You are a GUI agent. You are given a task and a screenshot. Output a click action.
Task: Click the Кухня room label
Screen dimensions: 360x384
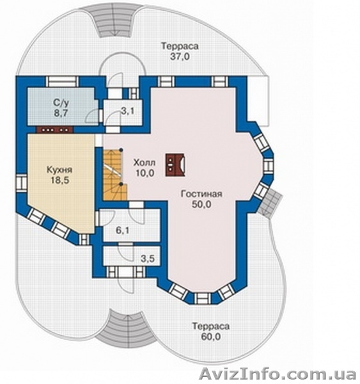pyautogui.click(x=59, y=170)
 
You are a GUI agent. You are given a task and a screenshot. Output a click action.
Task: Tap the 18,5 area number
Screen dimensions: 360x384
pyautogui.click(x=60, y=180)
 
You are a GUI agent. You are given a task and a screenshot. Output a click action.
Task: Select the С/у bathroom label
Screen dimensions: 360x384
pyautogui.click(x=61, y=103)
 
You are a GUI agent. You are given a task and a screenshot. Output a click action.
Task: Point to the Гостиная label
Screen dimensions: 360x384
pyautogui.click(x=201, y=194)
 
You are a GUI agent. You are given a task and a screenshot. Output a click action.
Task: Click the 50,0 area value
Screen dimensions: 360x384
pyautogui.click(x=201, y=205)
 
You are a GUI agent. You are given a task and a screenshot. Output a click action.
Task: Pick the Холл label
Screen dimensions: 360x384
pyautogui.click(x=145, y=163)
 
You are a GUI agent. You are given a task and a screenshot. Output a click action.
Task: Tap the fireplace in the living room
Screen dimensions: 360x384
pyautogui.click(x=175, y=165)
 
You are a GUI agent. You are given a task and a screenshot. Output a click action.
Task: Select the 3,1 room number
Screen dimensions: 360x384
pyautogui.click(x=127, y=111)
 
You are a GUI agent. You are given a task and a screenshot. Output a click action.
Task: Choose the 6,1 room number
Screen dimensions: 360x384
pyautogui.click(x=123, y=230)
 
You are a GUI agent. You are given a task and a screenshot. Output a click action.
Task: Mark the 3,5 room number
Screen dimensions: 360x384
pyautogui.click(x=148, y=259)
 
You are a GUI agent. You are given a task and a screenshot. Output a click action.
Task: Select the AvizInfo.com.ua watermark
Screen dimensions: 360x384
pyautogui.click(x=278, y=374)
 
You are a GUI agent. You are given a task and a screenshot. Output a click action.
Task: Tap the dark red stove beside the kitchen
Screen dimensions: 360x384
pyautogui.click(x=54, y=129)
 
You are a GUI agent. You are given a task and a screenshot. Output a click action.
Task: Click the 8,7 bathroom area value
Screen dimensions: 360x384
pyautogui.click(x=61, y=114)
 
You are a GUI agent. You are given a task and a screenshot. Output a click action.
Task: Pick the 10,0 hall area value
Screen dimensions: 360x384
pyautogui.click(x=145, y=173)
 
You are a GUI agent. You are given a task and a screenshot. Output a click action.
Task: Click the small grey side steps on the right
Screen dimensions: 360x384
pyautogui.click(x=271, y=204)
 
